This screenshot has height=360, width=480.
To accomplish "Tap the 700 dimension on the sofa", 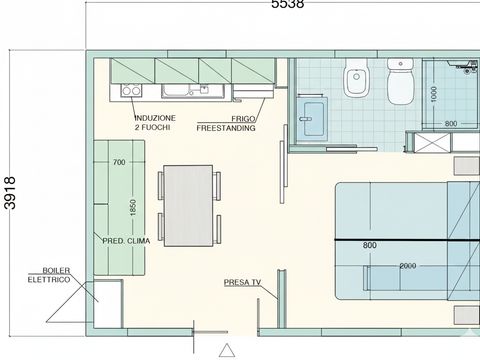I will coord(119,162).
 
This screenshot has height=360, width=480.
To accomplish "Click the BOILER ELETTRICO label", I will coord(56,275).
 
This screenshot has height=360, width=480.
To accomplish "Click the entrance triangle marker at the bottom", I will coord(228,351).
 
